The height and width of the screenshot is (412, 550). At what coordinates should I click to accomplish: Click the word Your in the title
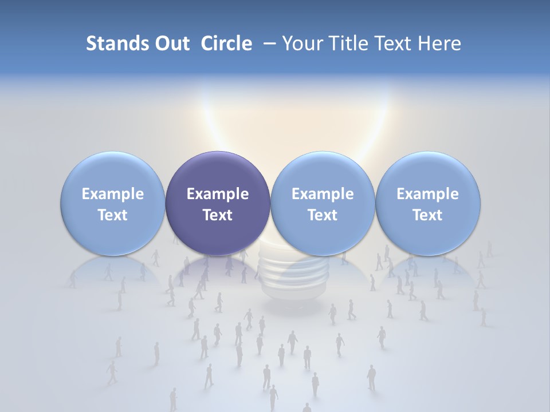click(x=300, y=43)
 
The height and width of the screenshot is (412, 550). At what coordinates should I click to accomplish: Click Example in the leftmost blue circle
click(x=113, y=194)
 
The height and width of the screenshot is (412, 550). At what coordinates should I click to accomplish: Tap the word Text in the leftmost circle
click(x=113, y=215)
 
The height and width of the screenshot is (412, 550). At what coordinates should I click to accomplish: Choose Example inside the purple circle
click(x=218, y=194)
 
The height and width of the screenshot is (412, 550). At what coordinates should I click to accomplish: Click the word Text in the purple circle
click(x=218, y=215)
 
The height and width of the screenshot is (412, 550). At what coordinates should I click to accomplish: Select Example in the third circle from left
click(x=323, y=194)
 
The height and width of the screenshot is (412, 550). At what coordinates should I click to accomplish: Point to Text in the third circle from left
click(x=323, y=215)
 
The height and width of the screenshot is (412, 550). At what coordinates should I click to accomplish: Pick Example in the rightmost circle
click(x=427, y=194)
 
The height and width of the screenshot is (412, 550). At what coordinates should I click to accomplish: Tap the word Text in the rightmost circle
click(x=427, y=215)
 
